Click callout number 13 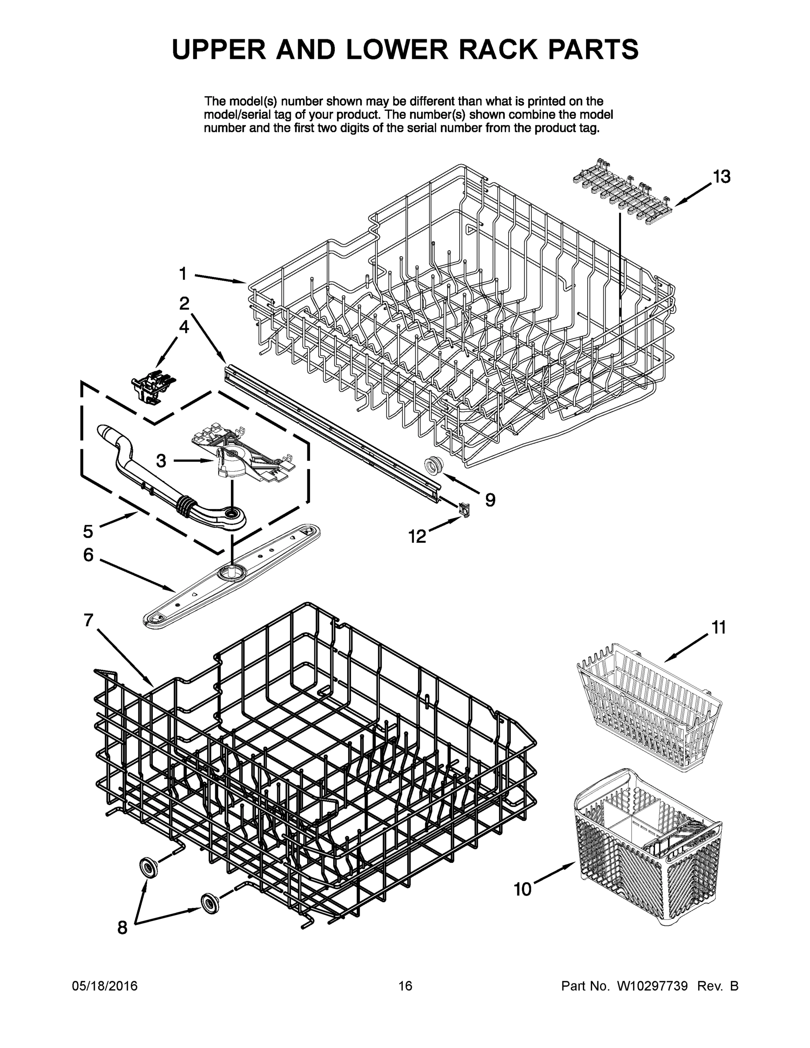tap(721, 176)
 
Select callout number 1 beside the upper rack tap(183, 273)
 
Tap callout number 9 tap(490, 500)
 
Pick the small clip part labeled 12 tap(464, 509)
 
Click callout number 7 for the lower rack tap(88, 621)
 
